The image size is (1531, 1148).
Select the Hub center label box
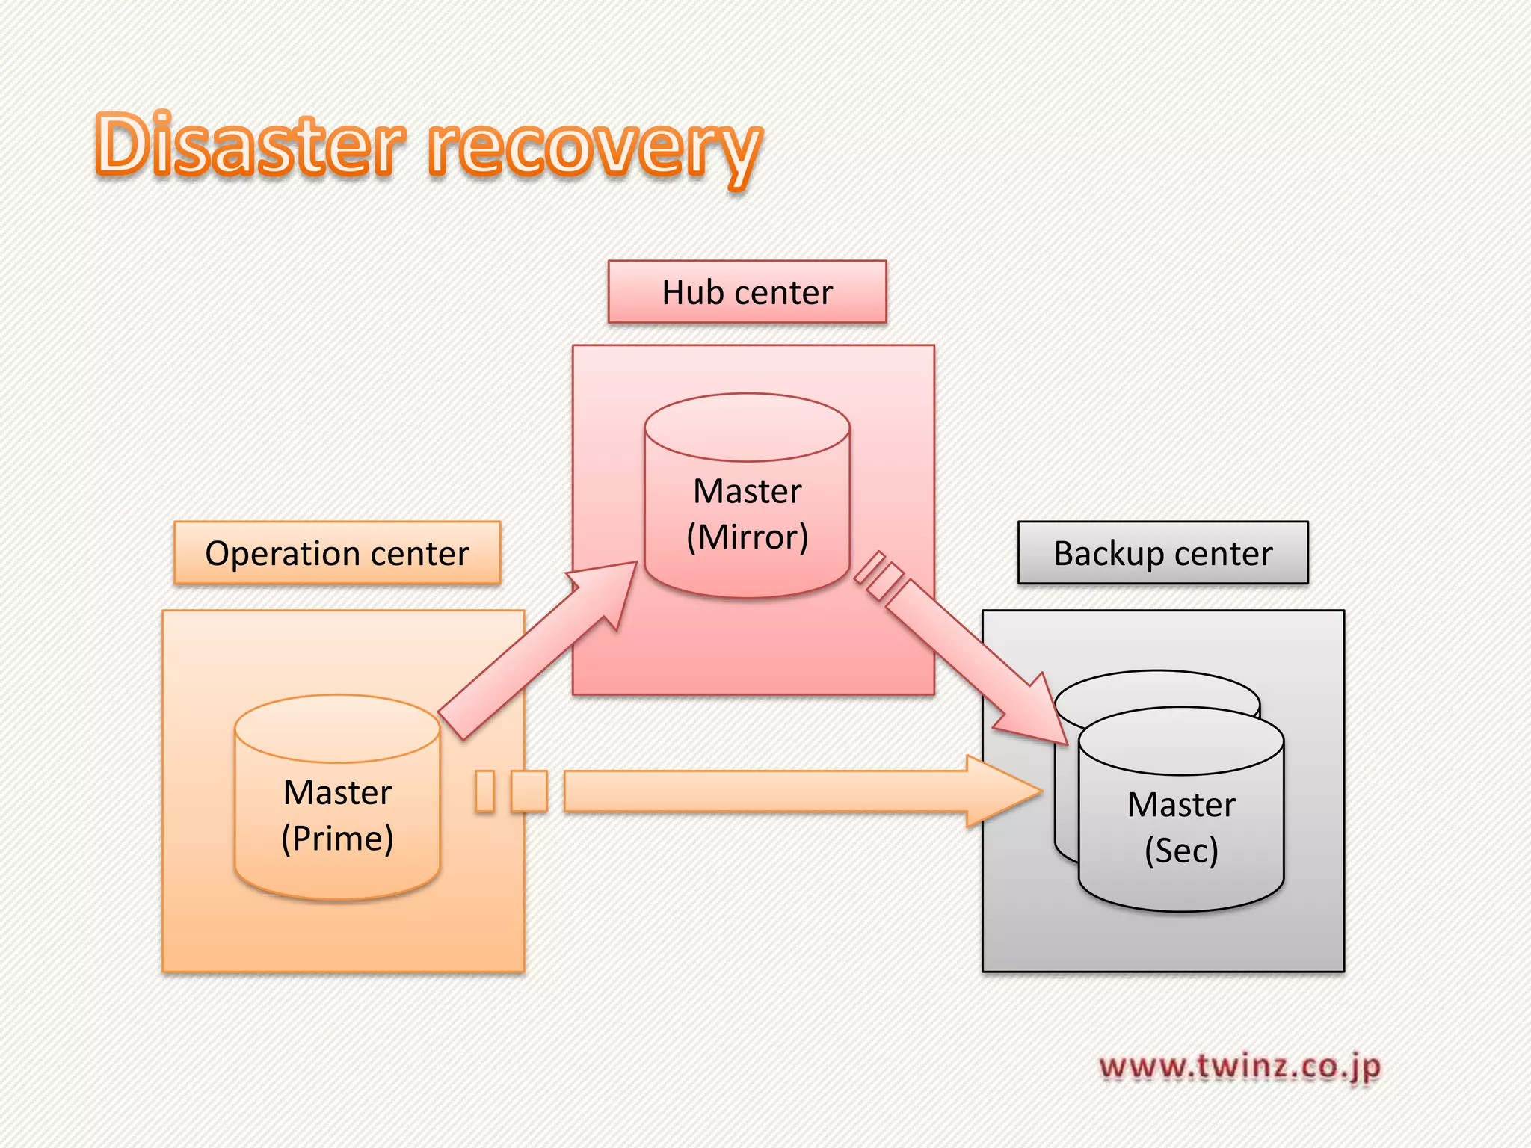tap(747, 292)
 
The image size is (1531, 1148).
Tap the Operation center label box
tap(337, 553)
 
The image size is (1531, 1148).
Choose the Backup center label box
tap(1162, 553)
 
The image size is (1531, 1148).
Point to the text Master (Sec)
tap(1181, 827)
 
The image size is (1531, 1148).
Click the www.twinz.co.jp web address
tap(1239, 1067)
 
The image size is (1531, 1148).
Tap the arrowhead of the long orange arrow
tap(1002, 791)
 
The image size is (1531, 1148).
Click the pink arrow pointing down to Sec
tap(972, 658)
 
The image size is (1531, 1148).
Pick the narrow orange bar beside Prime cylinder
tap(485, 791)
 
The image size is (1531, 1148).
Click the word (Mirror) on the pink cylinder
tap(747, 537)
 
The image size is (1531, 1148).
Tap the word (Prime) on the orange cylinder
tap(337, 838)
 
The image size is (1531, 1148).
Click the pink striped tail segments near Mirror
tap(878, 575)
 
